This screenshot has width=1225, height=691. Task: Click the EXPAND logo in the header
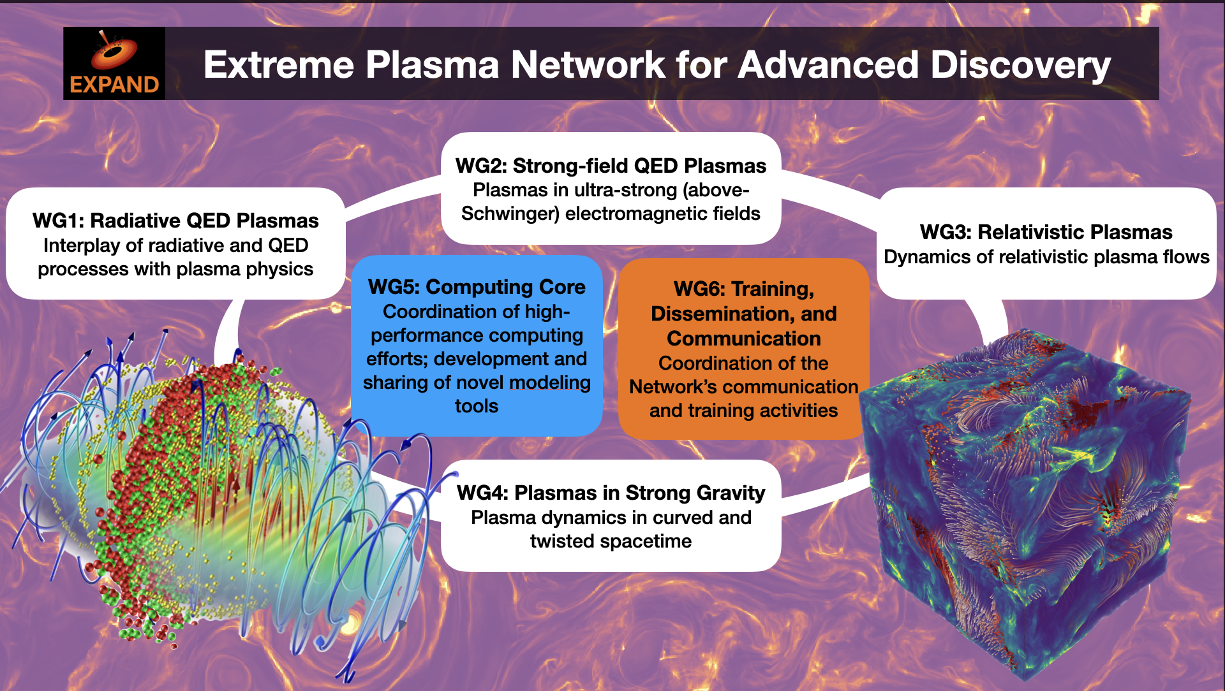pos(114,63)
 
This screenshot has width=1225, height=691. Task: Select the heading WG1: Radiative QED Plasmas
pos(175,221)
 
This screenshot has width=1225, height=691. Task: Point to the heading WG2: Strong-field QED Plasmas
pos(611,166)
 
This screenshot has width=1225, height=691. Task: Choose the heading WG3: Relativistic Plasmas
pos(1046,232)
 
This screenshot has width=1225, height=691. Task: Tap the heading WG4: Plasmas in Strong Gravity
pos(611,493)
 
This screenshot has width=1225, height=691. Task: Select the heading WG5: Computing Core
pos(477,287)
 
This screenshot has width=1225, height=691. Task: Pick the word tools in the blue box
pos(477,406)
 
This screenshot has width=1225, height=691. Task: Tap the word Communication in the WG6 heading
pos(743,338)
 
